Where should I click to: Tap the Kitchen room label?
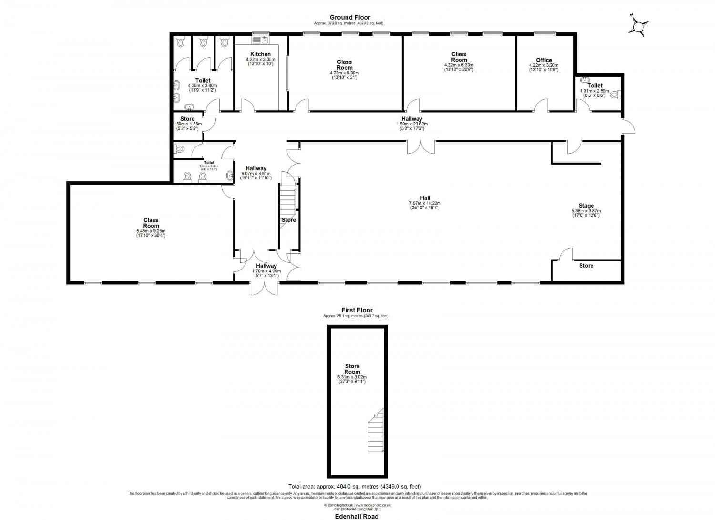pos(260,54)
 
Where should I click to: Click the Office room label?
pos(543,60)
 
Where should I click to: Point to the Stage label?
pos(586,206)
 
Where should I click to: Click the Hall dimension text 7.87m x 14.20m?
pos(425,203)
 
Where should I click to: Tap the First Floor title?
pos(357,310)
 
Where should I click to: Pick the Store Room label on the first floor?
pos(352,369)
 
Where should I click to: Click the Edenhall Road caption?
pos(357,516)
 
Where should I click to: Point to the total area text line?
pos(355,487)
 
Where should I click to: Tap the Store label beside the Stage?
pos(586,266)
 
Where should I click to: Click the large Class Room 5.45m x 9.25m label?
pos(151,223)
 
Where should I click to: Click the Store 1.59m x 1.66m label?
pos(187,119)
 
